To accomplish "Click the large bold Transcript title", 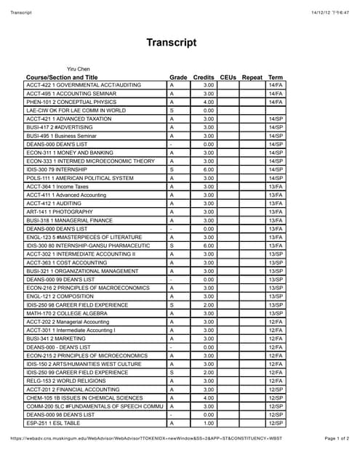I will tap(172, 42).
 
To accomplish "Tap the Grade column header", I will tap(178, 77).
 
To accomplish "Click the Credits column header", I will tap(204, 77).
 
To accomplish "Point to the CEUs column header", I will tap(228, 77).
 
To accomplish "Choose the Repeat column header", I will tap(252, 77).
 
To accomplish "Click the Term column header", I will tap(276, 77).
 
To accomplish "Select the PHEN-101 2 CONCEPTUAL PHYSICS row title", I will tap(71, 102).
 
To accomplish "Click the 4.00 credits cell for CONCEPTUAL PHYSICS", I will tap(208, 102).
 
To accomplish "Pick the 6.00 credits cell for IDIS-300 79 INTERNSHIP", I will tap(208, 170).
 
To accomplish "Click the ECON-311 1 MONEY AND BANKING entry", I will tap(70, 153).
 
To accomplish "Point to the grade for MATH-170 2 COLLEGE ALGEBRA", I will tap(172, 313).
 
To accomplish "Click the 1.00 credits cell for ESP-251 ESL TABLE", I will tap(208, 423).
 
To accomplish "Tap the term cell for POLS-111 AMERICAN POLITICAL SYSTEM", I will tap(276, 178).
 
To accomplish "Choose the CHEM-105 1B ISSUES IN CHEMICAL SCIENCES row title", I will tap(84, 397).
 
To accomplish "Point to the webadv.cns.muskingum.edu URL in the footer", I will tap(146, 439).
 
